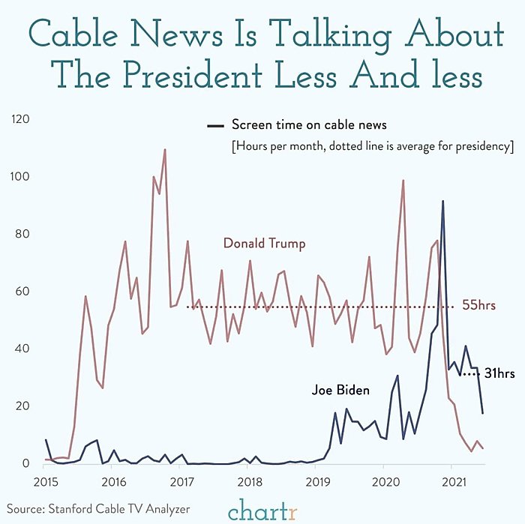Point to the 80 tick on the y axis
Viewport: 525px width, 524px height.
(x=21, y=234)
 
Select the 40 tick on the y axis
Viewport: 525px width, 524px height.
(x=21, y=349)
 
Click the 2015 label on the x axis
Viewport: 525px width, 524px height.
(x=45, y=479)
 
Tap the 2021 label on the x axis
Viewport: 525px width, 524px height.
(x=451, y=479)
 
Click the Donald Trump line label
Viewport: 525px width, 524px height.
(x=264, y=244)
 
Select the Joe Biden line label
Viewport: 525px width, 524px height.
(x=340, y=391)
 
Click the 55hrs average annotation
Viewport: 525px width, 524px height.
(x=478, y=307)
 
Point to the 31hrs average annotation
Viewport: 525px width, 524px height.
(x=499, y=373)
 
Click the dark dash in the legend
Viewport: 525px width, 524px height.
(x=215, y=125)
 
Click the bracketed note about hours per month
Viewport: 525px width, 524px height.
(x=372, y=145)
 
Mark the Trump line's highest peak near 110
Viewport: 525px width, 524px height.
(x=164, y=150)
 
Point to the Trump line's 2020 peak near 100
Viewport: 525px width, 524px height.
(x=403, y=181)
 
